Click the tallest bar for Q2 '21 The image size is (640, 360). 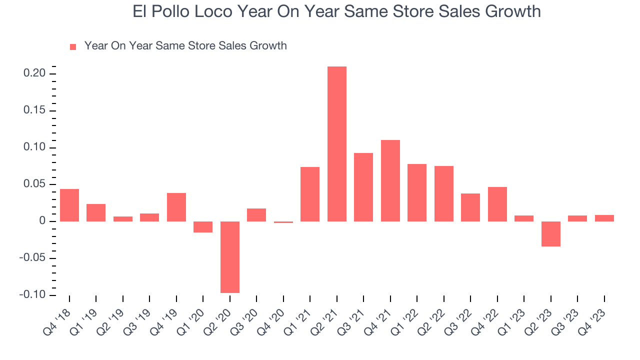(336, 144)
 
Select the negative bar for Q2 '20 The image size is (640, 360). (230, 257)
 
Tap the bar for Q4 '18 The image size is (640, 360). (69, 205)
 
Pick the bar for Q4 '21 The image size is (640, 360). (390, 180)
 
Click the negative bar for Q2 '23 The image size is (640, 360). (550, 234)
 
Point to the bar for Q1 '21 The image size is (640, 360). (310, 194)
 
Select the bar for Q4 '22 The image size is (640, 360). (497, 204)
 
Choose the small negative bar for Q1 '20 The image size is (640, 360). (203, 227)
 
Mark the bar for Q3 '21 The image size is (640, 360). (363, 187)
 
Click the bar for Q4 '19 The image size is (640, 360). (176, 207)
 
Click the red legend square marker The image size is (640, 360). (73, 46)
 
